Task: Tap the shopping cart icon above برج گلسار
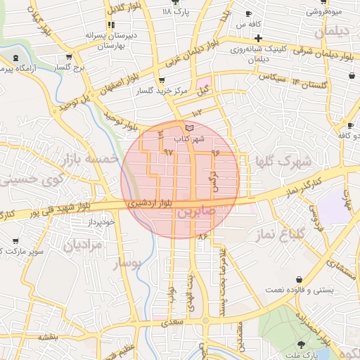pyautogui.click(x=68, y=57)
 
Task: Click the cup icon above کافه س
pyautogui.click(x=247, y=14)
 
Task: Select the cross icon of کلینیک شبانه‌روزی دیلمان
pyautogui.click(x=259, y=38)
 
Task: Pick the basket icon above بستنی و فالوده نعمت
pyautogui.click(x=300, y=278)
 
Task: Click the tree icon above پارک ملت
pyautogui.click(x=302, y=344)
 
